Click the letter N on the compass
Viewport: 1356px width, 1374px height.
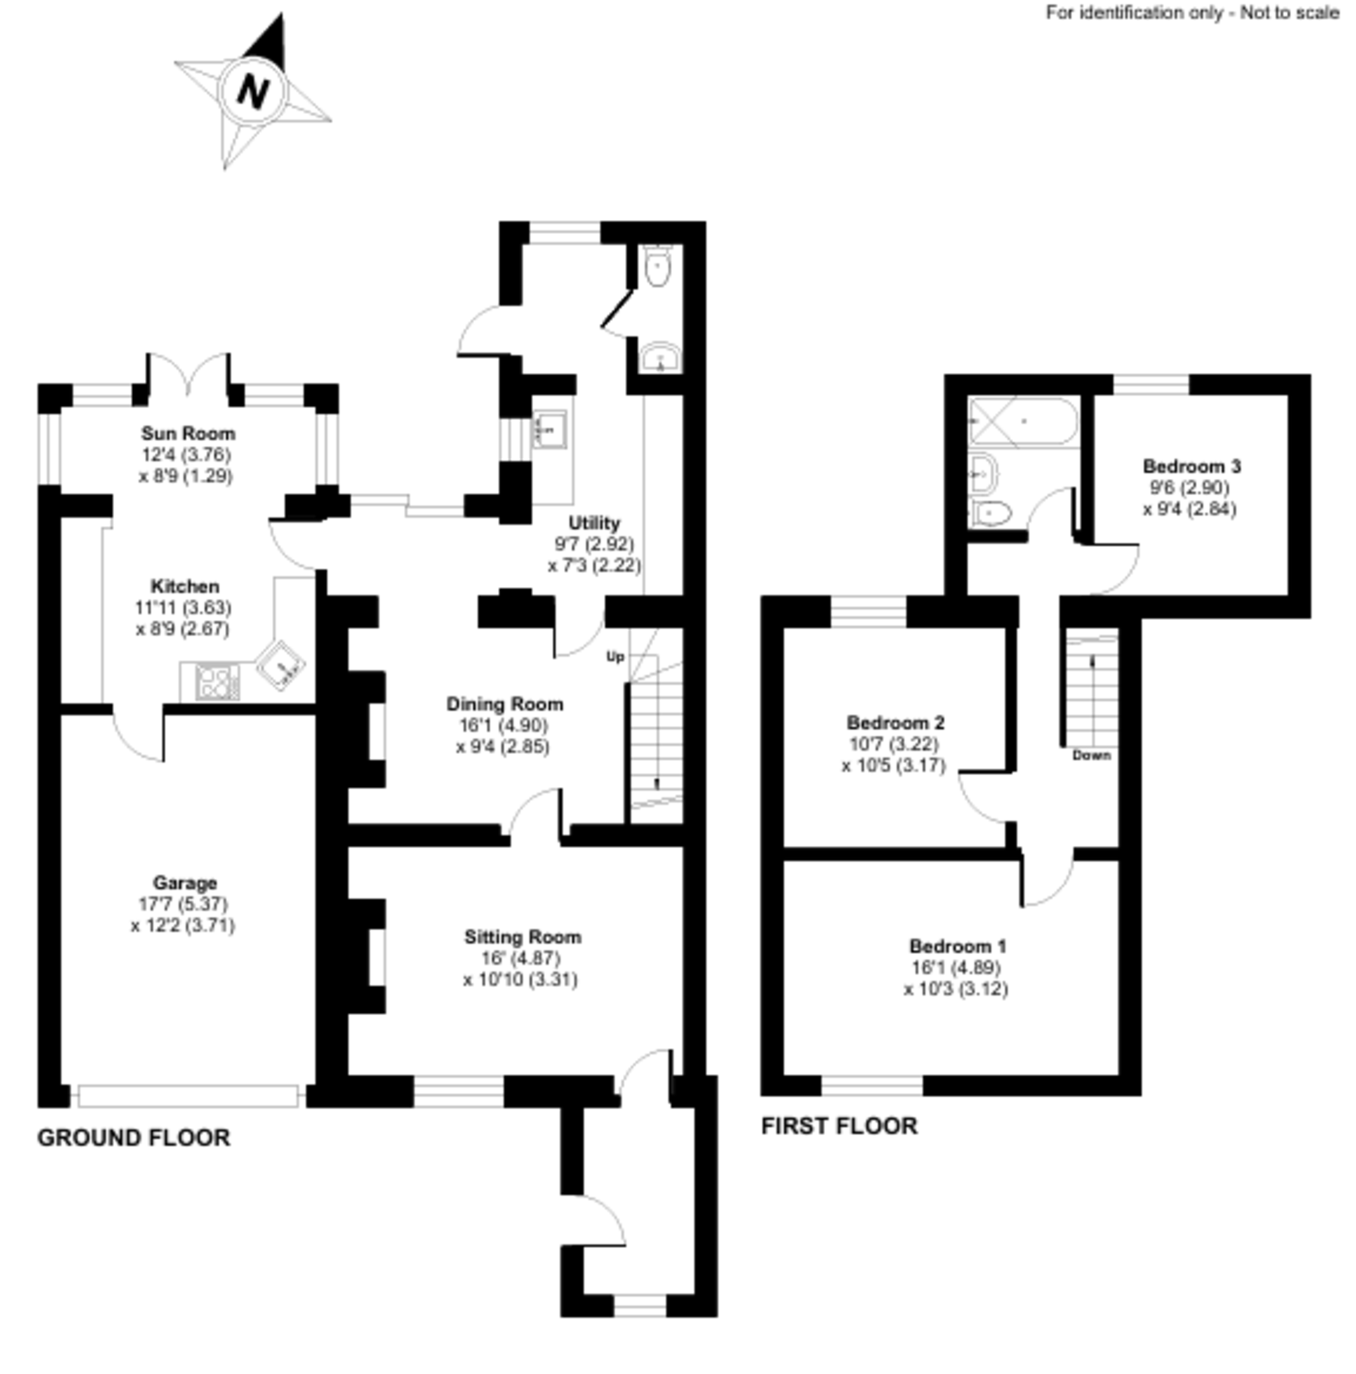tap(252, 91)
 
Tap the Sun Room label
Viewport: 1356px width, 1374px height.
tap(188, 433)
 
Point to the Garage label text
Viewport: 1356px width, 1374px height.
tap(185, 884)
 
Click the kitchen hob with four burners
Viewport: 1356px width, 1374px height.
tap(217, 682)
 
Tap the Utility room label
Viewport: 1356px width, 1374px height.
tap(595, 523)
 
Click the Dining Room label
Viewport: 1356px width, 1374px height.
tap(504, 704)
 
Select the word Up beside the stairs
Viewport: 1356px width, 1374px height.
tap(615, 656)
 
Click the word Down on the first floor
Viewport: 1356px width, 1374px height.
tap(1091, 755)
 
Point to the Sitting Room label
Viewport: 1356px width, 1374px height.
tap(523, 937)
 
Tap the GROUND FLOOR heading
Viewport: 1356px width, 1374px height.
tap(134, 1138)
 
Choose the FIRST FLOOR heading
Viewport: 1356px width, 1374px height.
tap(840, 1126)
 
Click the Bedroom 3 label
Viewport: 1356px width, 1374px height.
tap(1192, 466)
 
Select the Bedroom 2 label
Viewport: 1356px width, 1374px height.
tap(895, 723)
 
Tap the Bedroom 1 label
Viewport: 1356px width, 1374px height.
tap(958, 947)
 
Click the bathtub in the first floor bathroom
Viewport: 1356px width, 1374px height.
tap(1024, 421)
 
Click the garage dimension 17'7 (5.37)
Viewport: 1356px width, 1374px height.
tap(183, 904)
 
